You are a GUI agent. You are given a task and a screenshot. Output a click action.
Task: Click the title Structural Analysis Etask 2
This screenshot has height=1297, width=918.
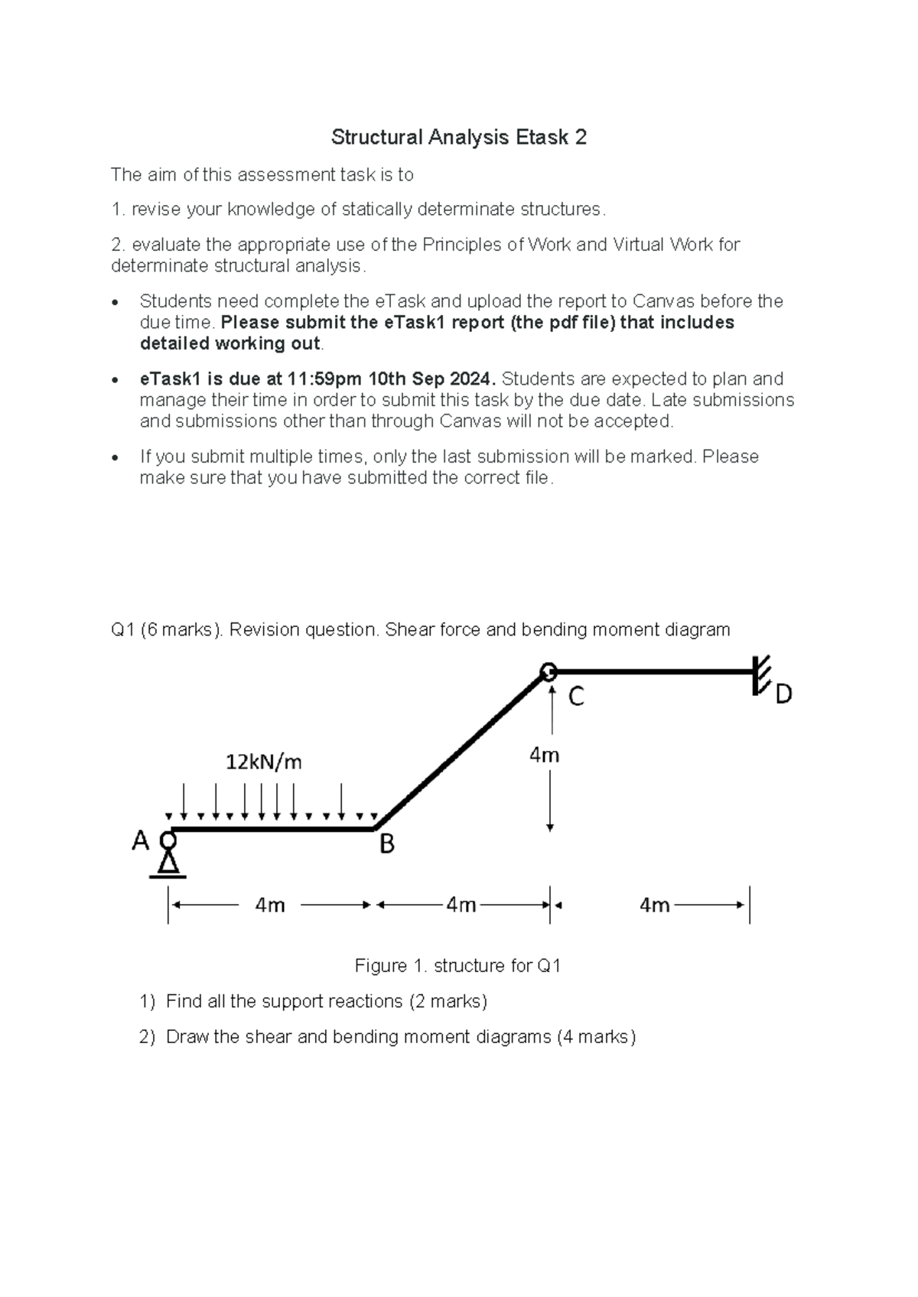point(458,137)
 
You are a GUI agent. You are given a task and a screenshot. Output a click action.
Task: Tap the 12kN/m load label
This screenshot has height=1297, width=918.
point(263,762)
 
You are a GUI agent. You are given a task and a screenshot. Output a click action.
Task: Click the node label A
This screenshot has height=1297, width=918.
point(140,841)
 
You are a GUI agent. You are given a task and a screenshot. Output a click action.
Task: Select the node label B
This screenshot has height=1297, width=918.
point(387,845)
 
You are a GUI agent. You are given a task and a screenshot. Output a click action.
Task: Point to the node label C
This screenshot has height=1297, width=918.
point(575,697)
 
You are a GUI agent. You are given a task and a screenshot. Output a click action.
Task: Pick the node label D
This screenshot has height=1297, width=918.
point(783,694)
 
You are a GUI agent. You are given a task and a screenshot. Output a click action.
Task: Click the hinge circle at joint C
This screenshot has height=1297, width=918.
point(549,672)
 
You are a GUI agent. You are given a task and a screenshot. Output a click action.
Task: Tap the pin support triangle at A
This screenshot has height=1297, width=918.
point(168,863)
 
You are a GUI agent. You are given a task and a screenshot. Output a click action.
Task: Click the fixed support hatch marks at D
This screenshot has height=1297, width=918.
point(762,674)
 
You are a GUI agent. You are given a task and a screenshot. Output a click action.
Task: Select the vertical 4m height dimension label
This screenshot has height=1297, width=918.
point(545,756)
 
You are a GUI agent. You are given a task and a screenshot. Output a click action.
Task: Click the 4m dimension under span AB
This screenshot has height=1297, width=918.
point(270,905)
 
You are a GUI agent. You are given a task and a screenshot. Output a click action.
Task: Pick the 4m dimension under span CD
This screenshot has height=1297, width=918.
point(655,905)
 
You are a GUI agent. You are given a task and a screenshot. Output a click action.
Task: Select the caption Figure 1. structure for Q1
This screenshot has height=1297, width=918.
point(457,966)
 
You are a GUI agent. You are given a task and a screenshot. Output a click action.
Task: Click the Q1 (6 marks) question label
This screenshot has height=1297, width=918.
point(167,630)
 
